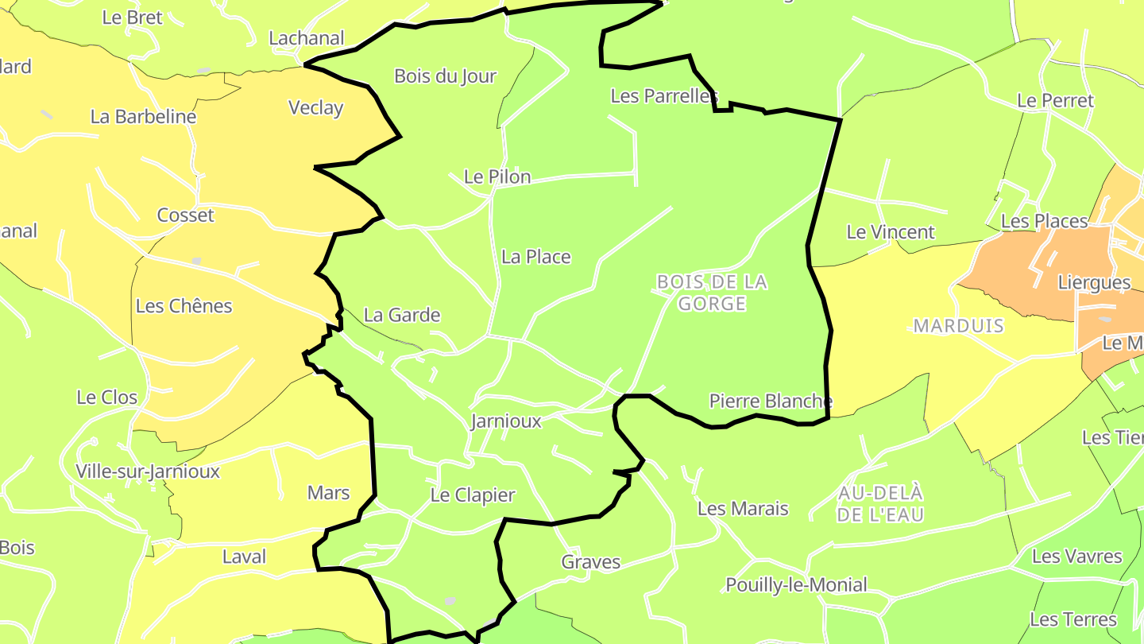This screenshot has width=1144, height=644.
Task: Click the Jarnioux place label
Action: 505,421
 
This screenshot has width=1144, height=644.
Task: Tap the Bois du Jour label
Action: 445,76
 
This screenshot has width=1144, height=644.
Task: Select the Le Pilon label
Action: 497,177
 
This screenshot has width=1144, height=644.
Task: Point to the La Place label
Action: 536,257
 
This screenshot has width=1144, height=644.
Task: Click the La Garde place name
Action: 402,315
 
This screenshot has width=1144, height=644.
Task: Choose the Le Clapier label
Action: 473,495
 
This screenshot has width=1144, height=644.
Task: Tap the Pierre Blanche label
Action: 771,401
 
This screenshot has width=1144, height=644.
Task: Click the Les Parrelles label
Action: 664,96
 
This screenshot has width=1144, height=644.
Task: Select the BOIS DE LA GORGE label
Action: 713,293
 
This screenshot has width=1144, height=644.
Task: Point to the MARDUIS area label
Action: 959,326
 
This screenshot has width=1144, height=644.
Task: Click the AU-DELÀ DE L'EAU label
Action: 881,503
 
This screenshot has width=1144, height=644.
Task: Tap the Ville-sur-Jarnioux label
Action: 148,471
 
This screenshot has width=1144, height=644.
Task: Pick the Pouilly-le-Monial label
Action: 796,585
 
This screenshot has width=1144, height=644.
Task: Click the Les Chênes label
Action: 184,306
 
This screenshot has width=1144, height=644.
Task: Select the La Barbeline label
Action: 143,117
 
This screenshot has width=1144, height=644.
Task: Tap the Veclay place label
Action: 316,108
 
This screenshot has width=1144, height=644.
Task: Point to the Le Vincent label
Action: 891,232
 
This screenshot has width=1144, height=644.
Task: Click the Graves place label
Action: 591,562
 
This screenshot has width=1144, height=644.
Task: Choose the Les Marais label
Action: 743,508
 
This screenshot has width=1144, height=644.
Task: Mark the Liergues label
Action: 1094,282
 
